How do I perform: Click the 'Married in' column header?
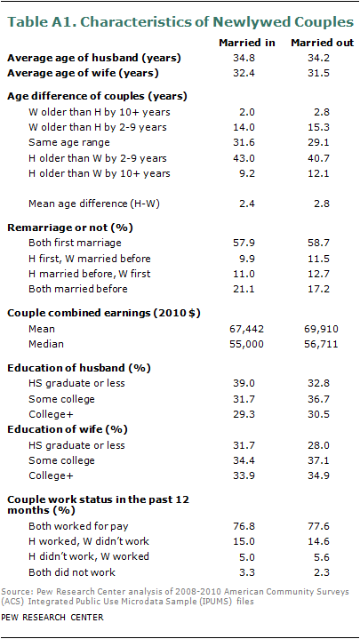point(247,43)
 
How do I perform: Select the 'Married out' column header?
point(322,43)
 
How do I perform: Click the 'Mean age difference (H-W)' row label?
point(93,204)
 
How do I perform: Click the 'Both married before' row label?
point(78,289)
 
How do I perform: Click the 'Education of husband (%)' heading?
point(79,368)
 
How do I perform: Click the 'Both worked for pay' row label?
point(80,526)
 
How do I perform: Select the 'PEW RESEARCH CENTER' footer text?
point(52,617)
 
